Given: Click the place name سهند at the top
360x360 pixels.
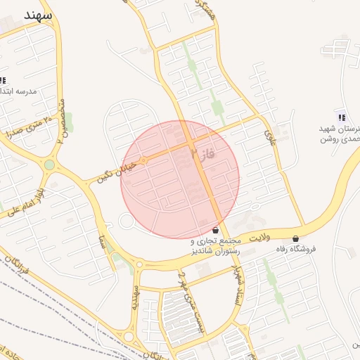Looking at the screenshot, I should click(x=37, y=15).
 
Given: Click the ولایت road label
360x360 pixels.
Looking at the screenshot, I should click(x=259, y=239).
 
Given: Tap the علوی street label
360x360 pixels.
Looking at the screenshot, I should click(x=269, y=133).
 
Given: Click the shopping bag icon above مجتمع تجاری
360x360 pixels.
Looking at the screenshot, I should click(x=215, y=230).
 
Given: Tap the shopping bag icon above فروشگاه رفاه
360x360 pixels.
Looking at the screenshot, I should click(x=295, y=238).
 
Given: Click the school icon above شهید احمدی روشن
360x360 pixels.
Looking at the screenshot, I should click(x=341, y=117).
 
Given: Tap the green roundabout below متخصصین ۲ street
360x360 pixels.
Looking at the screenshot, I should click(x=49, y=165).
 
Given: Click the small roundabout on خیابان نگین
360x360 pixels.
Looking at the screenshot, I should click(x=143, y=161).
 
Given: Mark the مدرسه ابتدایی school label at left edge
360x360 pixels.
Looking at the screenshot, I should click(x=18, y=92).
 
